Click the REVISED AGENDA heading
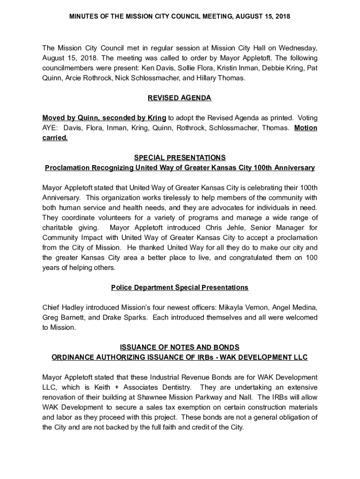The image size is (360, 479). [180, 98]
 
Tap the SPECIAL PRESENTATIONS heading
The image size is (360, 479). [180, 158]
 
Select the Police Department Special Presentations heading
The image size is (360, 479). [180, 287]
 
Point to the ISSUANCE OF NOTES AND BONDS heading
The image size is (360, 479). [180, 347]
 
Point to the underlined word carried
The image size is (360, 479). [55, 138]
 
